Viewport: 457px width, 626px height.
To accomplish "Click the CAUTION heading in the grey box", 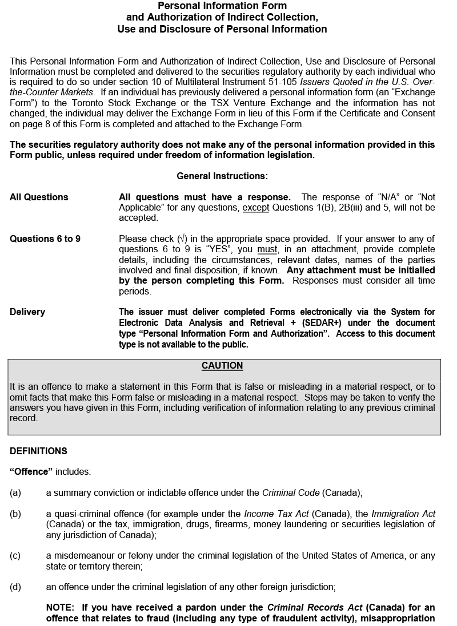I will pos(222,366).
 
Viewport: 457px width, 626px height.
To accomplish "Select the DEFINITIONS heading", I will pos(38,451).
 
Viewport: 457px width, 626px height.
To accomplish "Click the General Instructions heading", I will pos(222,176).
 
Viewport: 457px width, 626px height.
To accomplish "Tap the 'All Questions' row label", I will pos(39,197).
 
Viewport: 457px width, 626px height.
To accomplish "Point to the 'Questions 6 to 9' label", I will pos(45,239).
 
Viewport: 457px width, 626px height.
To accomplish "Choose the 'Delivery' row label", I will pos(27,312).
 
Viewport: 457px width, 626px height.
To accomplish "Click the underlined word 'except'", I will pos(255,208).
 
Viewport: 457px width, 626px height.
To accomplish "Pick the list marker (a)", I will pos(15,493).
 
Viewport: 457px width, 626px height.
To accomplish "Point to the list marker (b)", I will pos(15,514).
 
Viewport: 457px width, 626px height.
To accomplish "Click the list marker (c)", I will pos(15,556).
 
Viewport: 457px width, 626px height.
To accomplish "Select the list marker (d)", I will pos(15,587).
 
